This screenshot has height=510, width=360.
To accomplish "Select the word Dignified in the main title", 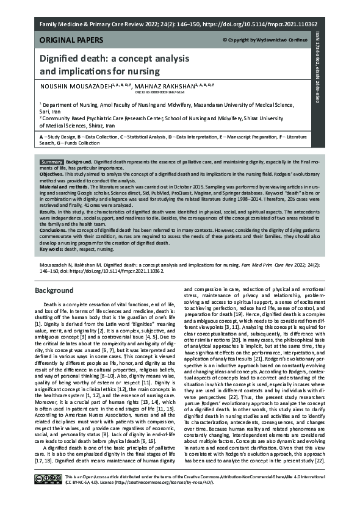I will pyautogui.click(x=63, y=60).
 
